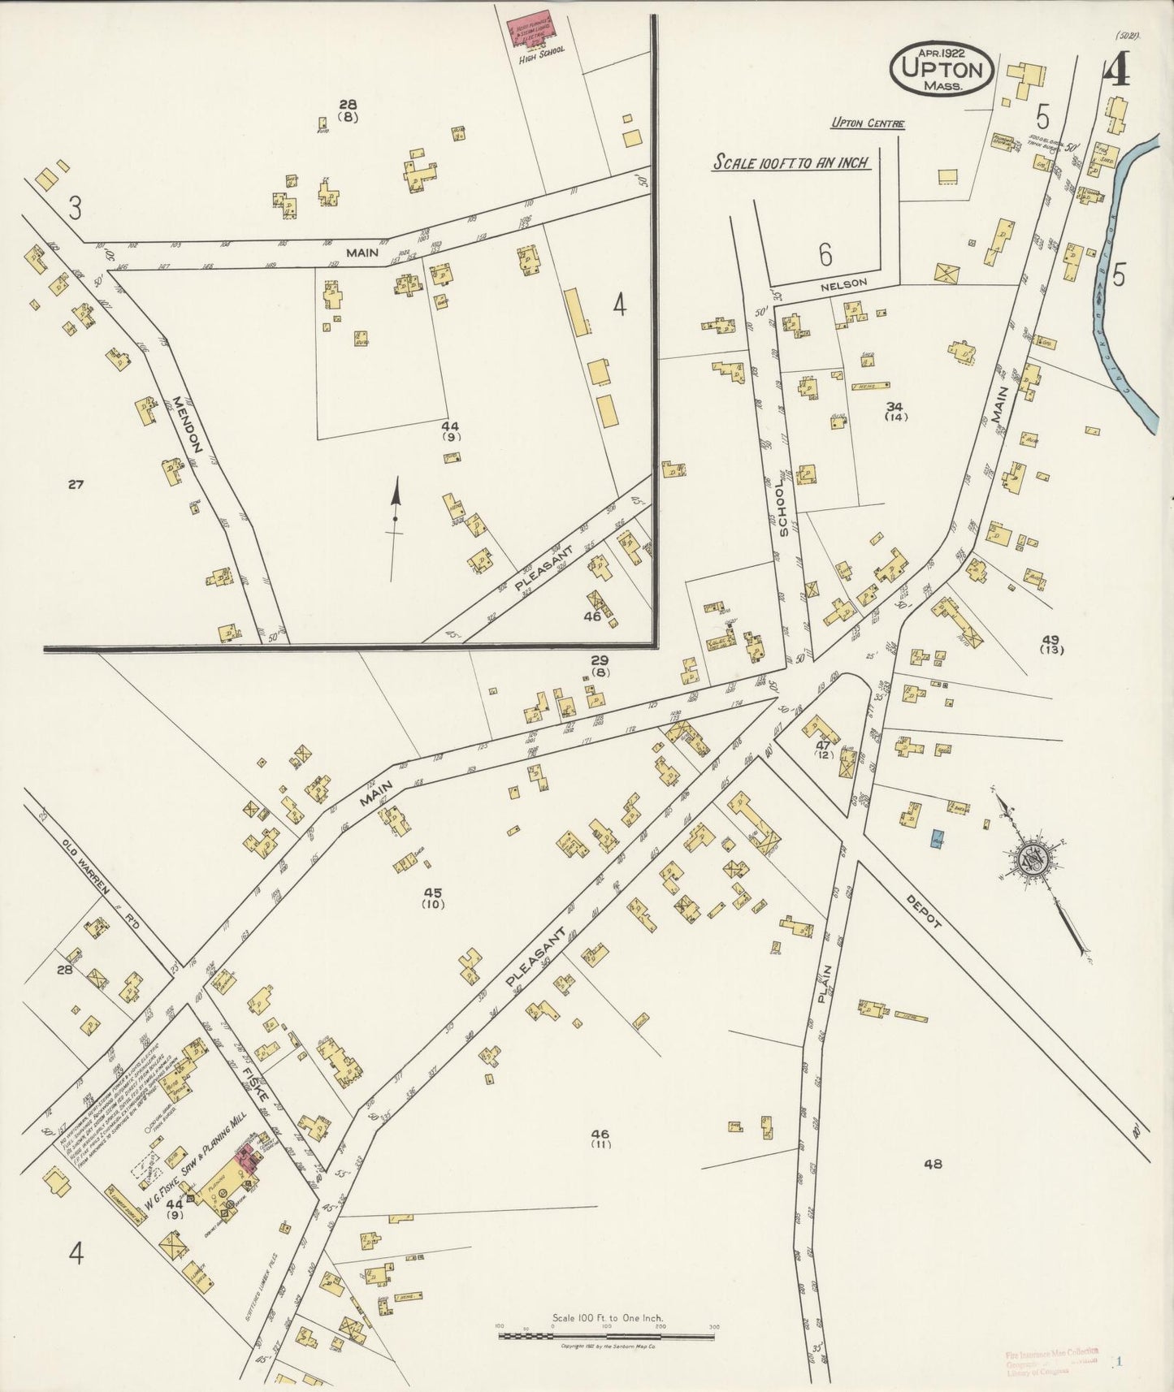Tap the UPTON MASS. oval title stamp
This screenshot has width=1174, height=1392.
pyautogui.click(x=942, y=69)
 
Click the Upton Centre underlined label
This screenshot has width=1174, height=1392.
pyautogui.click(x=868, y=123)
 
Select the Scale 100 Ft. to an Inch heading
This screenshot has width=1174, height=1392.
pyautogui.click(x=791, y=162)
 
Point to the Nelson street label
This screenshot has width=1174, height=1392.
pyautogui.click(x=843, y=283)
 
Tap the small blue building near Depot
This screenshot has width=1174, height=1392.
pyautogui.click(x=938, y=840)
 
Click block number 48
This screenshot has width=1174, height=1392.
pyautogui.click(x=933, y=1164)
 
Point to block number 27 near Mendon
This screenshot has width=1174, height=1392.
pyautogui.click(x=76, y=485)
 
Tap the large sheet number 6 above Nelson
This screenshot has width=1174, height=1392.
pyautogui.click(x=825, y=255)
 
